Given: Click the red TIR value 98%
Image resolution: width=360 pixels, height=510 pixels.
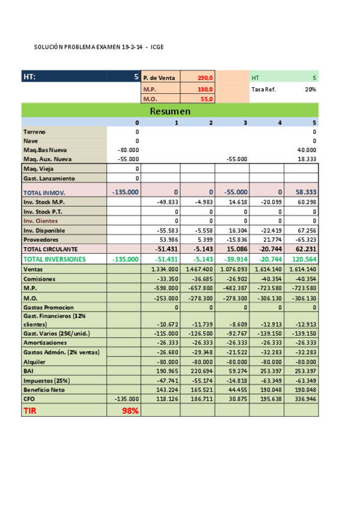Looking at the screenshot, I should tap(130, 411).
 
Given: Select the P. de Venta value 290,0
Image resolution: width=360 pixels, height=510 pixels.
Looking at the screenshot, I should tap(205, 78).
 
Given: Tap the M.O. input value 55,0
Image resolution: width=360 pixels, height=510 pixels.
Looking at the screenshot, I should tap(206, 99).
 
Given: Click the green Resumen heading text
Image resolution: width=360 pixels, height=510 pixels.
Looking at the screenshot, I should tap(170, 111).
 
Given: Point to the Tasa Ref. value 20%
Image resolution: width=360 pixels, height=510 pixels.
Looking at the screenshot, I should tap(310, 89).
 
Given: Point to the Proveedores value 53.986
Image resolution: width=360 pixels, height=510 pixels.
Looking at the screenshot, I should tap(168, 239).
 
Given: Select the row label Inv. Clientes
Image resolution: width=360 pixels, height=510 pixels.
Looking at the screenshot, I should tap(40, 221).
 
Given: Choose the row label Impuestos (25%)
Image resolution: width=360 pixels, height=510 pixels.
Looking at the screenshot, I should tap(46, 380).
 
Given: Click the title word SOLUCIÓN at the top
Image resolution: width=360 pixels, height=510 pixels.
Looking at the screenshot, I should tap(47, 47).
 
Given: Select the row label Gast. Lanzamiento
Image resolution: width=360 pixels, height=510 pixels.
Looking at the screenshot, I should tap(49, 179).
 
